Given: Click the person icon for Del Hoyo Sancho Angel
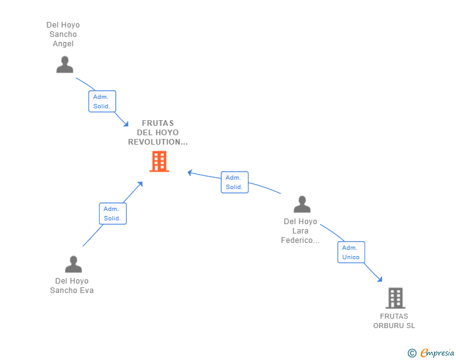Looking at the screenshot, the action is click(65, 64).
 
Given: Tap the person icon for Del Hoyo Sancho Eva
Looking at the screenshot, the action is click(73, 264).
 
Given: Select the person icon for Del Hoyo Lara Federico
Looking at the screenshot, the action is click(302, 204).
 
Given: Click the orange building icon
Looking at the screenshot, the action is click(159, 162).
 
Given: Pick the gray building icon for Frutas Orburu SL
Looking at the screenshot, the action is click(395, 298).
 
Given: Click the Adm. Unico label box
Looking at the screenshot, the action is click(351, 252).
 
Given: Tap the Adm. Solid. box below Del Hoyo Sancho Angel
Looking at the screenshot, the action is click(102, 101).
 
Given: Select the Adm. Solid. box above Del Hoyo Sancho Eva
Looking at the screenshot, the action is click(113, 213).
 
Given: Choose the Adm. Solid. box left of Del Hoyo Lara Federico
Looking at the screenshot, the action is click(234, 182).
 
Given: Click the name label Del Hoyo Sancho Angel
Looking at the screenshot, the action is click(63, 34).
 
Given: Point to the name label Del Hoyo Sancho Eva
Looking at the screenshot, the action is click(72, 285).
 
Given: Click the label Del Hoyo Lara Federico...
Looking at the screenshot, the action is click(300, 231).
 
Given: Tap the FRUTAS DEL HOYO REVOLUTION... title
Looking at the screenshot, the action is click(158, 133).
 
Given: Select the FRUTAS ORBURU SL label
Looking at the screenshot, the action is click(394, 321).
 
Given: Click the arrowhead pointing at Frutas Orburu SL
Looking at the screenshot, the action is click(380, 279).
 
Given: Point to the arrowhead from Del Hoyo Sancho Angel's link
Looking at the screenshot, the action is click(126, 124).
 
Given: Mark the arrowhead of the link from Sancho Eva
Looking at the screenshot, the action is click(140, 184).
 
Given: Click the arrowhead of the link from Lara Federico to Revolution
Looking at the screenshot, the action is click(190, 173).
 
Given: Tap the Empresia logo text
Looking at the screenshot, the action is click(437, 352).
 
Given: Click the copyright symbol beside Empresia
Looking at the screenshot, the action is click(412, 353).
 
